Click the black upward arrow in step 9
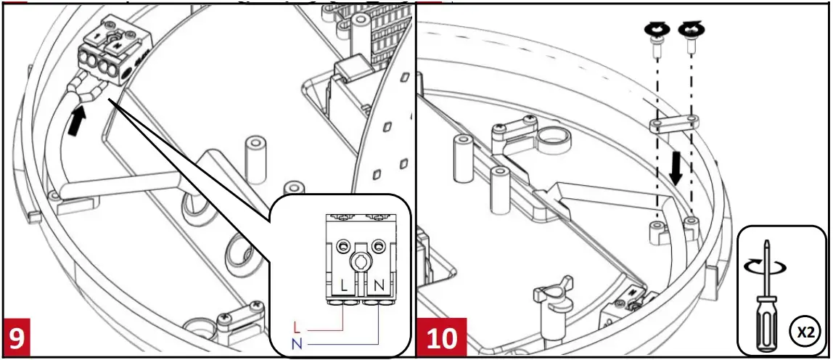pos(75,120)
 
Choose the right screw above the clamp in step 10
pos(690,44)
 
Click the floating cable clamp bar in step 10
pos(674,123)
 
